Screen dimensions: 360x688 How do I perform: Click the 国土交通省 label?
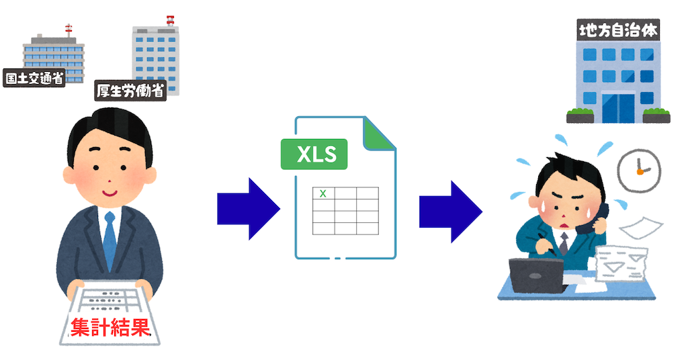pyautogui.click(x=34, y=78)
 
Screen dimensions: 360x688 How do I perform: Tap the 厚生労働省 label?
pyautogui.click(x=130, y=91)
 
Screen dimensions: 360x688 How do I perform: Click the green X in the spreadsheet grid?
pyautogui.click(x=323, y=193)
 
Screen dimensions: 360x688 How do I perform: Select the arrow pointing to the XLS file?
pyautogui.click(x=247, y=208)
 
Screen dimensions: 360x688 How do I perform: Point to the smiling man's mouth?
pyautogui.click(x=109, y=192)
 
